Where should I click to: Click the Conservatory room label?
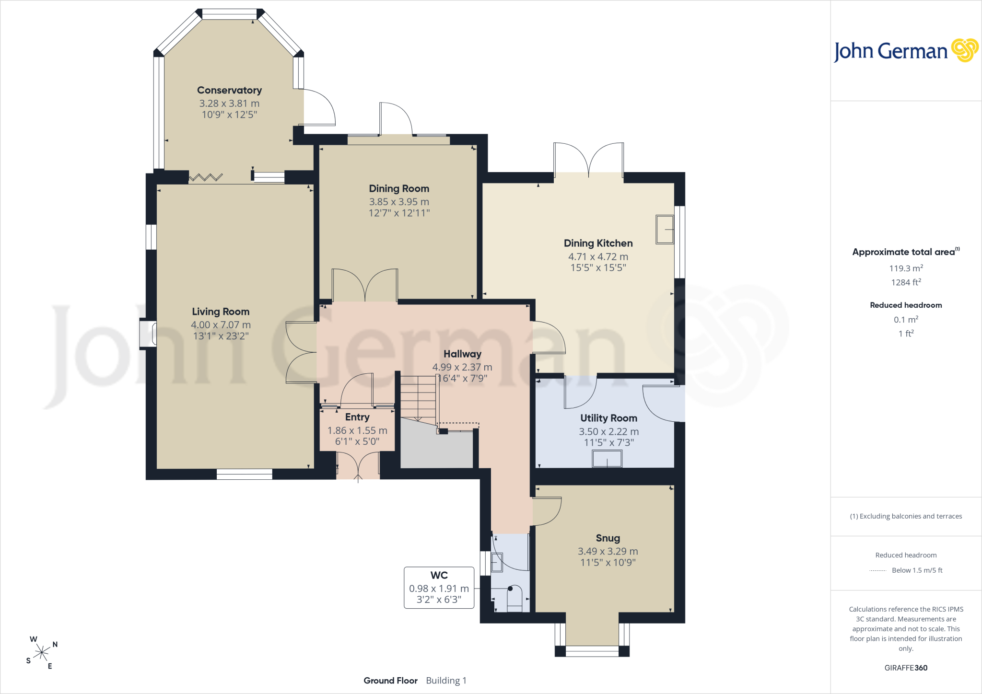[229, 90]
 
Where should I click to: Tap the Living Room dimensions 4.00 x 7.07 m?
[221, 325]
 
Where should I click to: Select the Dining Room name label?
[399, 189]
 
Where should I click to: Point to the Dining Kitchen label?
[598, 243]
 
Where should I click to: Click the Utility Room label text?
[608, 418]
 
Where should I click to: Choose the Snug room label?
[608, 538]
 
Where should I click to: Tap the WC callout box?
[439, 588]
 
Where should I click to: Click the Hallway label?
[462, 354]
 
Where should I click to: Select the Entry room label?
[357, 417]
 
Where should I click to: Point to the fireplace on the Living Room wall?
[148, 334]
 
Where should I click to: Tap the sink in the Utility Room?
[607, 459]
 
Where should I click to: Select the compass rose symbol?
[42, 652]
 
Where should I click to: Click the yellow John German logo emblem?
[965, 50]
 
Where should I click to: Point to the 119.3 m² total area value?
[906, 268]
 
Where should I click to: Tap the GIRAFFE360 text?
[906, 668]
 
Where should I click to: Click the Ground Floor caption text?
[390, 681]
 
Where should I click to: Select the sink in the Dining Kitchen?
[665, 230]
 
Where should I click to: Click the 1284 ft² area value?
[906, 282]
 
